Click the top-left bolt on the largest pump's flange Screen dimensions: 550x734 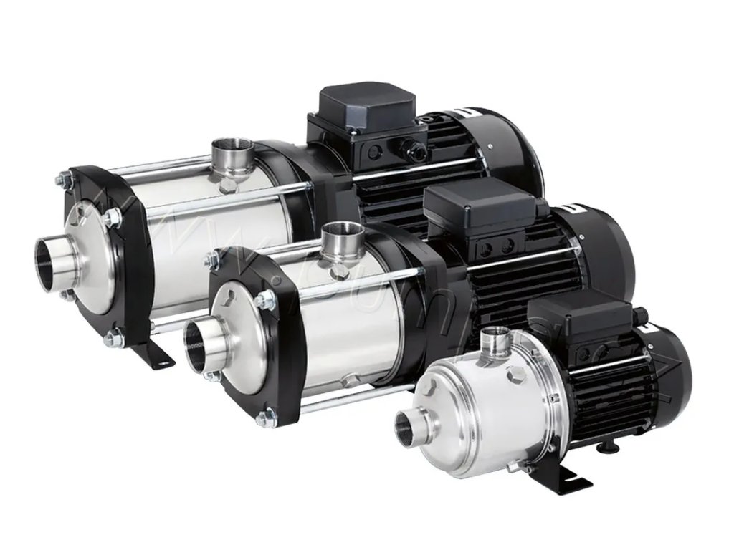(66, 179)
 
